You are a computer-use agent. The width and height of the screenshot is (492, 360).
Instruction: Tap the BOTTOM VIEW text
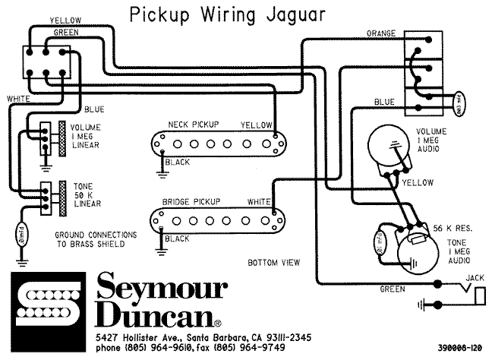pos(273,262)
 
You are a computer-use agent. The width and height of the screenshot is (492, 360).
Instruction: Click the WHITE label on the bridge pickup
pos(258,201)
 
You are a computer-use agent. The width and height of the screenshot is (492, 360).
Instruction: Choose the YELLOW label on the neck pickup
pos(255,124)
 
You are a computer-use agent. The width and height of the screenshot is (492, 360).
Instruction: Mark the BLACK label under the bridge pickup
pos(177,238)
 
